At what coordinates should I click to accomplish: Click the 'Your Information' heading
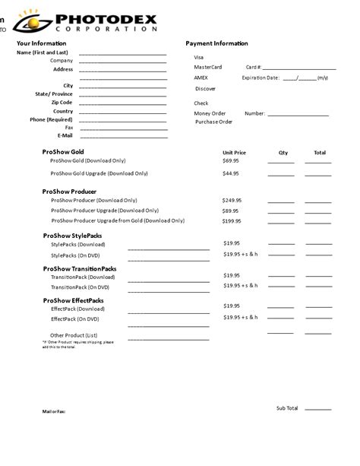point(41,43)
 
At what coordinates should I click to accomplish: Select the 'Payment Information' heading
point(216,43)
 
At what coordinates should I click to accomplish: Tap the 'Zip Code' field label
point(62,103)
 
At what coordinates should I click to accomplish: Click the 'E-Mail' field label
point(65,136)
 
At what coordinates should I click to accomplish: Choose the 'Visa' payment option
point(199,57)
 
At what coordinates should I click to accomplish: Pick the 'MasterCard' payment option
point(207,67)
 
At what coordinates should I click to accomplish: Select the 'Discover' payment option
point(205,88)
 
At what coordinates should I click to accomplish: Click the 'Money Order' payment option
point(210,113)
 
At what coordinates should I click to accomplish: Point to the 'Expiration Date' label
point(261,78)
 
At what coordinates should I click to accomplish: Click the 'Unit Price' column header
point(234,153)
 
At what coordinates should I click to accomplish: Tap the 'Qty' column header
point(283,153)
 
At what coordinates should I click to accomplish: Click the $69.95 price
point(231,161)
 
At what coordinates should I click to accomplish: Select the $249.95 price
point(232,201)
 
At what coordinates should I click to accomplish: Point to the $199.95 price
point(232,221)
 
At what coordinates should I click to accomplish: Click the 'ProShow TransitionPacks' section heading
point(80,269)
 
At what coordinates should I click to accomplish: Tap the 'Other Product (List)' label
point(74,335)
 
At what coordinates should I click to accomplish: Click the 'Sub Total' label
point(287,408)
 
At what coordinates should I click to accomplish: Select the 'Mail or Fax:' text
point(53,411)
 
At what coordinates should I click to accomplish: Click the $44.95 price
point(231,173)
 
